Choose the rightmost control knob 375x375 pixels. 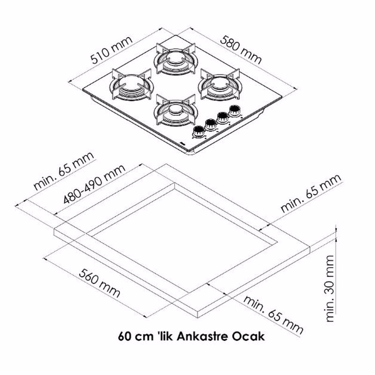(x=233, y=112)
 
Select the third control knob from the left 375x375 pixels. (x=221, y=118)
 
